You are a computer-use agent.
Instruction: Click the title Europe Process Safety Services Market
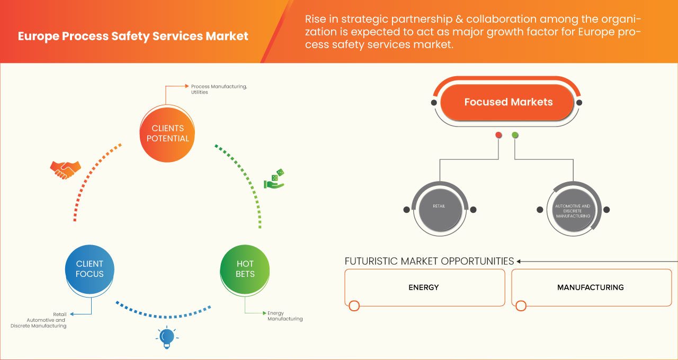point(133,37)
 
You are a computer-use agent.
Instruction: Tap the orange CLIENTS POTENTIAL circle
point(167,133)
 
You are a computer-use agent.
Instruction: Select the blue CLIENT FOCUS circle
point(90,268)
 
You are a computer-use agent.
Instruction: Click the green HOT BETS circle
point(245,268)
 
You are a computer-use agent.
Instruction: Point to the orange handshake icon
point(65,169)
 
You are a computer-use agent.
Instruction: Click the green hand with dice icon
point(274,179)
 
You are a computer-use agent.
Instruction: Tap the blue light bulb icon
point(167,337)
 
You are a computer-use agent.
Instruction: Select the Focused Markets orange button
point(508,102)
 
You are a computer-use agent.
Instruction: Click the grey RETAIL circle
point(440,209)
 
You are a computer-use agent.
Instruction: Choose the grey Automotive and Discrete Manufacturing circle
point(573,209)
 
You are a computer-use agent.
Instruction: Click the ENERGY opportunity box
point(424,287)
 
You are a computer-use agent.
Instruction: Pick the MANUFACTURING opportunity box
point(591,287)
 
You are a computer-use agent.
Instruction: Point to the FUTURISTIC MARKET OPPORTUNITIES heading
point(429,261)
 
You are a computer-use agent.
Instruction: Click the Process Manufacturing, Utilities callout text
point(219,89)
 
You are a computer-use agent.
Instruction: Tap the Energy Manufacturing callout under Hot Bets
point(285,316)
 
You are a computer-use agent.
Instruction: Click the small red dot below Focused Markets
point(498,136)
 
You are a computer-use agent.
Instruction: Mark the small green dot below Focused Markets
point(515,136)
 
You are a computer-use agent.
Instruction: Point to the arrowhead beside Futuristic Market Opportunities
point(519,261)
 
